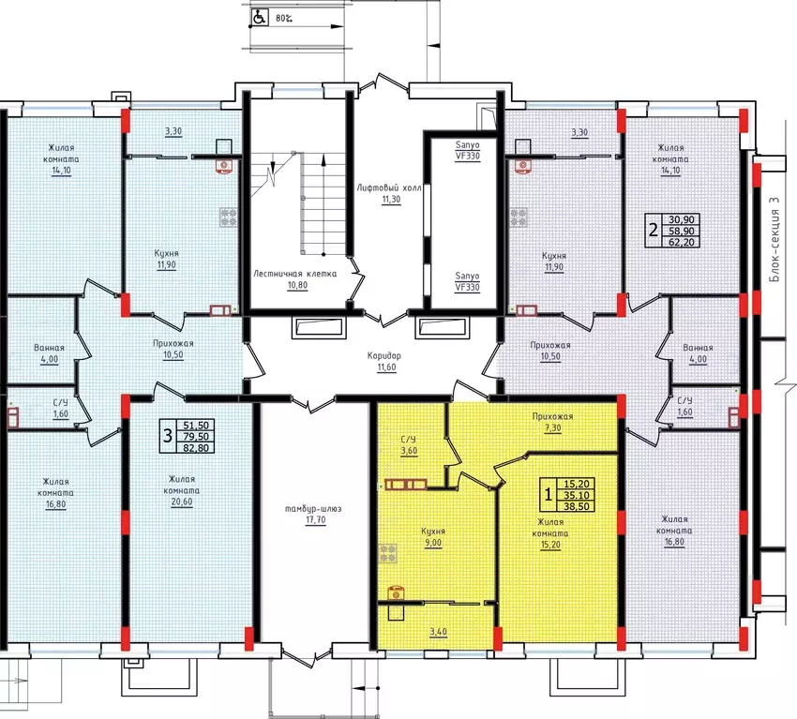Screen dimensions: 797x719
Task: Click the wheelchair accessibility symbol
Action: [x=259, y=17]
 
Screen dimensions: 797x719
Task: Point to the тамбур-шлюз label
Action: [x=313, y=509]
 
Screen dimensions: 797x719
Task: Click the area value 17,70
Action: [x=316, y=520]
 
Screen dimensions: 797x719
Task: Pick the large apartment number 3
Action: [x=168, y=436]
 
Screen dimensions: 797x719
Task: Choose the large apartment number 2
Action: [x=654, y=231]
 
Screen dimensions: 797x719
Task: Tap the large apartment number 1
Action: [x=548, y=493]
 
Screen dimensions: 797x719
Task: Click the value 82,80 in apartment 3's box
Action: [x=196, y=448]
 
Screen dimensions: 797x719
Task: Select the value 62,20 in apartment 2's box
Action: [x=682, y=243]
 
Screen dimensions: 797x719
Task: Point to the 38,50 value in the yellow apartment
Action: [x=577, y=506]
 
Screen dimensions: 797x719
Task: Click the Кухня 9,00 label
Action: [x=433, y=536]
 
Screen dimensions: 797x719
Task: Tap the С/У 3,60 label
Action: [x=409, y=445]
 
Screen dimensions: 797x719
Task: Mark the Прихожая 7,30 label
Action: [x=552, y=422]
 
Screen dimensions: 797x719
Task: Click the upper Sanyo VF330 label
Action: [x=468, y=150]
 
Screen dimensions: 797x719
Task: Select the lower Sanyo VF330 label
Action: [x=468, y=281]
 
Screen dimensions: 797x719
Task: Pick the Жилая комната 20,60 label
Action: [x=182, y=490]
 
